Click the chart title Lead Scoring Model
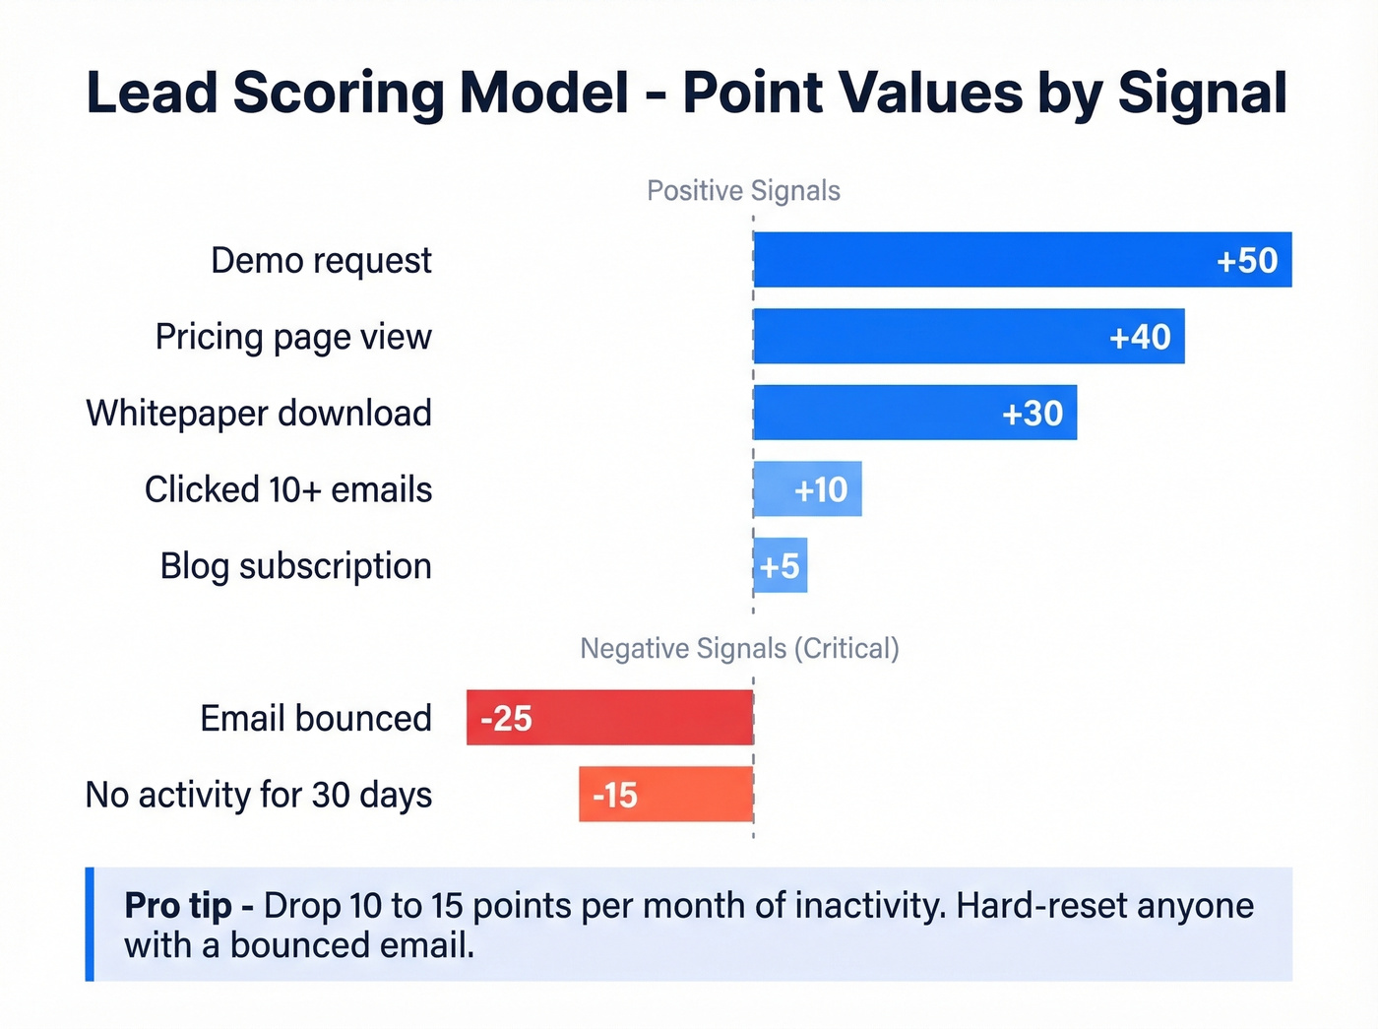357,94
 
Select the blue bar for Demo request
984,260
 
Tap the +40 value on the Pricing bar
1140,337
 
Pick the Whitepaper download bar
886,413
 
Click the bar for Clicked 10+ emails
807,489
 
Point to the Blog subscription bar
781,566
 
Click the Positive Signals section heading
743,191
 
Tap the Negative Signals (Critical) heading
739,649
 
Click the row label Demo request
321,261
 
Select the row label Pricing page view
293,338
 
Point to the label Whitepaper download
259,414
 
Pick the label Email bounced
316,719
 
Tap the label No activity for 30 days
259,795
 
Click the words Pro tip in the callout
178,906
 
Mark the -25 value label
506,719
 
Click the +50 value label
1247,261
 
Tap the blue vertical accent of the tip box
90,924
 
